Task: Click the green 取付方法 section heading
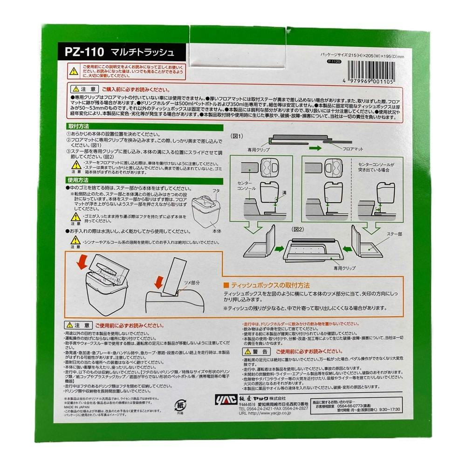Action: (x=78, y=126)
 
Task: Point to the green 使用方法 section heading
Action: (x=78, y=179)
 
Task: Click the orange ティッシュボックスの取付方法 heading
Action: (x=269, y=285)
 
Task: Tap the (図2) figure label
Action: (x=298, y=229)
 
